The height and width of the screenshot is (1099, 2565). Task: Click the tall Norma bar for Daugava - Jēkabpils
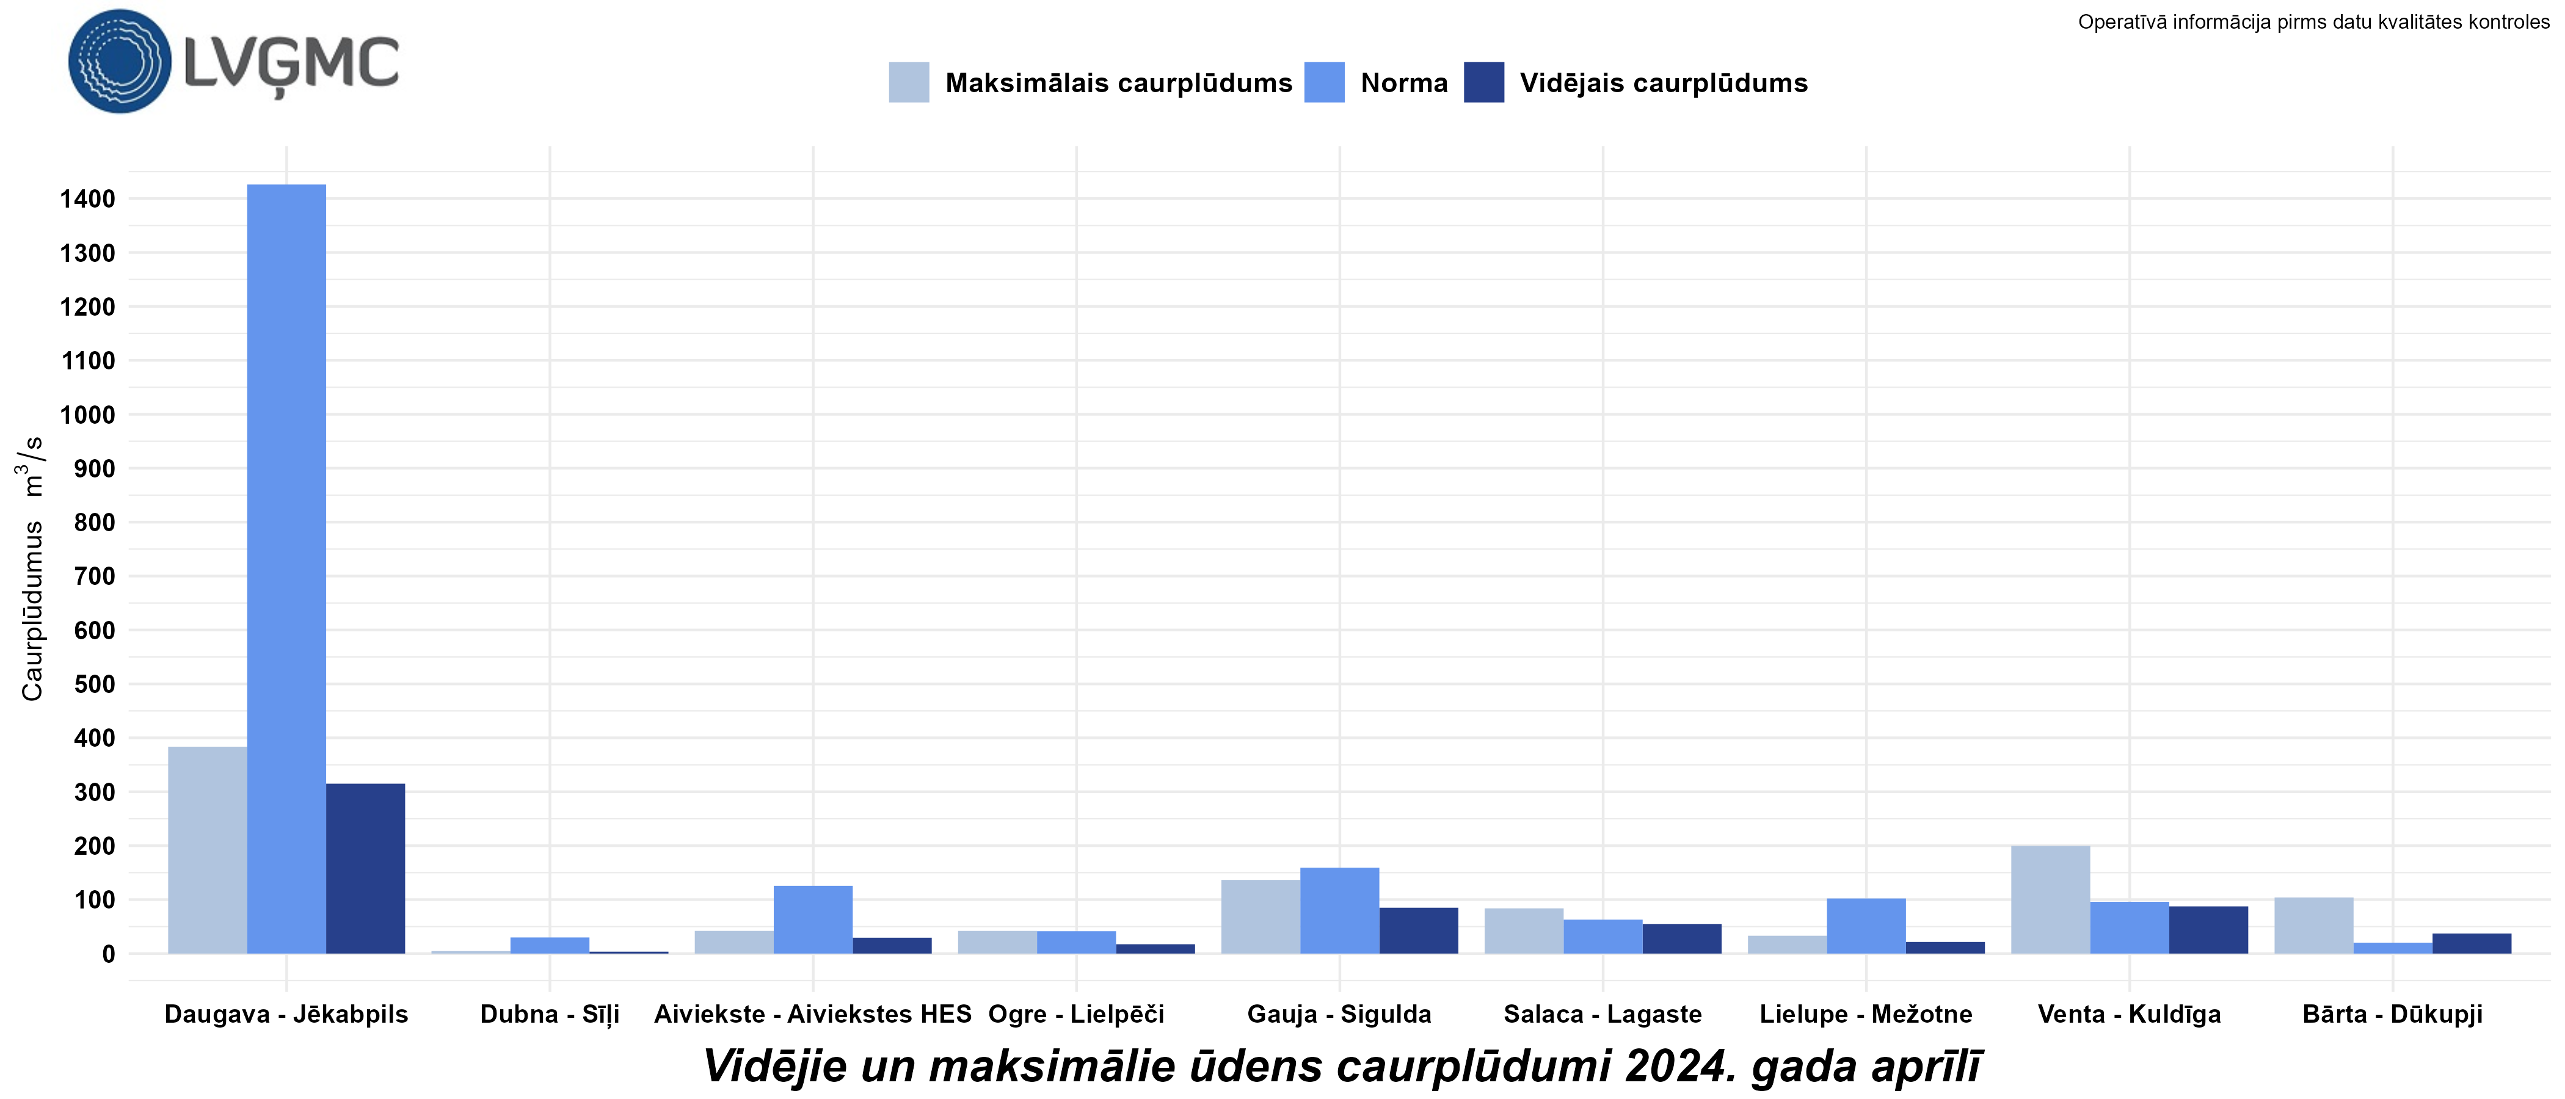coord(287,567)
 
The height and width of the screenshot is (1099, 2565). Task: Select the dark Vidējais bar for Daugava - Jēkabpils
coord(365,868)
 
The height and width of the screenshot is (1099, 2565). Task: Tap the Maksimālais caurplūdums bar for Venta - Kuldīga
coord(2050,899)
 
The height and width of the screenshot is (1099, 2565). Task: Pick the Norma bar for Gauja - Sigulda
coord(1339,910)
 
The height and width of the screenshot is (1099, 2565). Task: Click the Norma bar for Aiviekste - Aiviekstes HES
coord(812,919)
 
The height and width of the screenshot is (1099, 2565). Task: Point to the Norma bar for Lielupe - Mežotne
coord(1866,926)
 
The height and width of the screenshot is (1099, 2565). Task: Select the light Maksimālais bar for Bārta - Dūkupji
coord(2313,925)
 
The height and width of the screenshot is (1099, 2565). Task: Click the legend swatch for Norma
coord(1324,82)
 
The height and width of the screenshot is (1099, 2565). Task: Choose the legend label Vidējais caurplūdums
coord(1663,82)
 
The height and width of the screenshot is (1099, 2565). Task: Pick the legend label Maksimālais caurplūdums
coord(1118,82)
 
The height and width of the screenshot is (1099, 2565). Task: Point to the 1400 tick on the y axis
coord(87,199)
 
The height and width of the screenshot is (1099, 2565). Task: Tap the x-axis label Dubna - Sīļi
coord(550,1014)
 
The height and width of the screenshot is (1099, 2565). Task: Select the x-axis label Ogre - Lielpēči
coord(1075,1014)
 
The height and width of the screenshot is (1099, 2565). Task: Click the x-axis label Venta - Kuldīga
coord(2129,1014)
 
